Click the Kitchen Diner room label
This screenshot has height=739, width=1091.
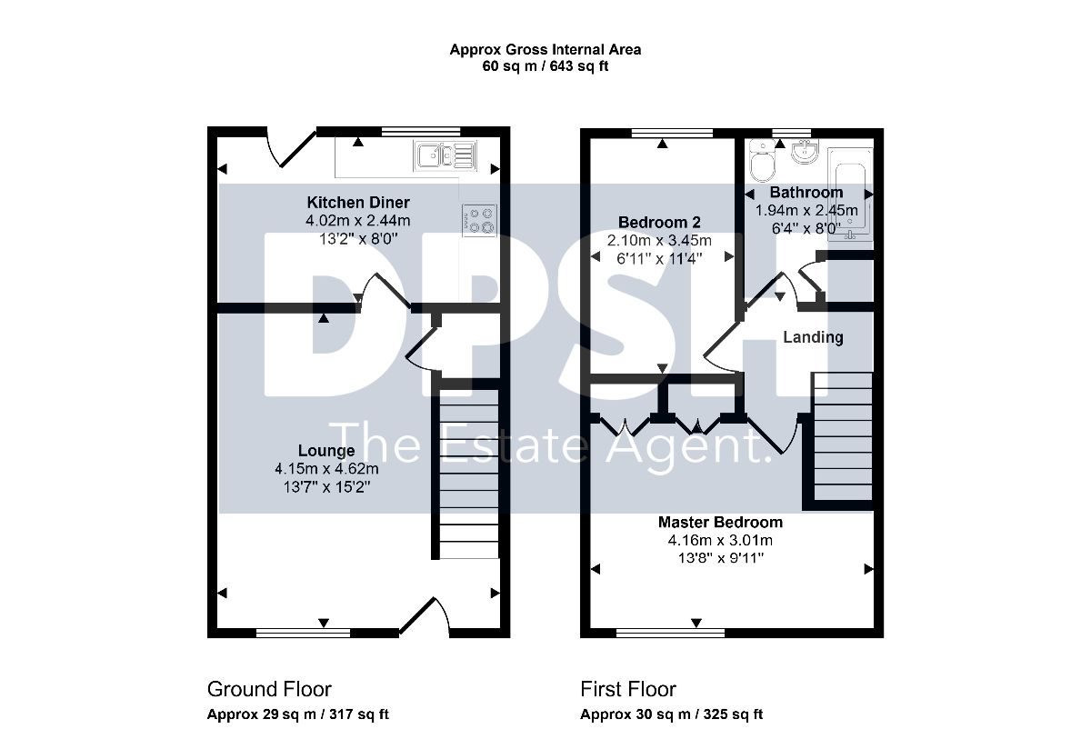tap(358, 202)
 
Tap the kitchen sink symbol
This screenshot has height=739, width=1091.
tap(445, 155)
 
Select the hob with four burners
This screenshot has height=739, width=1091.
tap(480, 221)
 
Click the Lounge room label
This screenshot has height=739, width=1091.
tap(326, 450)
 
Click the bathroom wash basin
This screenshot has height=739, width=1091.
tap(806, 152)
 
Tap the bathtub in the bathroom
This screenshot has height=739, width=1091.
tap(850, 195)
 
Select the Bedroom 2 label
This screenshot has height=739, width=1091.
tap(659, 222)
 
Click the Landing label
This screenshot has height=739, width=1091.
tap(813, 337)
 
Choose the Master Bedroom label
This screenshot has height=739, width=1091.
tap(720, 522)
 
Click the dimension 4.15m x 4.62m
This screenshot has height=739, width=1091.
tap(326, 468)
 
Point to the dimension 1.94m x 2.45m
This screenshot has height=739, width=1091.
tap(806, 210)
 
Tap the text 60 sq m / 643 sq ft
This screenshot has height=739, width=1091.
tap(545, 65)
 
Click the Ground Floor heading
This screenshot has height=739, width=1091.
tap(269, 689)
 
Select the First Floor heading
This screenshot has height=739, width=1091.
tap(628, 689)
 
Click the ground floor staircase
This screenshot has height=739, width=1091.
tap(469, 474)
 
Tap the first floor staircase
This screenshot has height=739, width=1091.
tap(843, 436)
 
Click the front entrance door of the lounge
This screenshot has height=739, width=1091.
tap(425, 617)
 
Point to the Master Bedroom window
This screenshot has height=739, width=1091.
tap(670, 633)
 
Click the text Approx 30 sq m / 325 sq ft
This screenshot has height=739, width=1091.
tap(671, 714)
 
